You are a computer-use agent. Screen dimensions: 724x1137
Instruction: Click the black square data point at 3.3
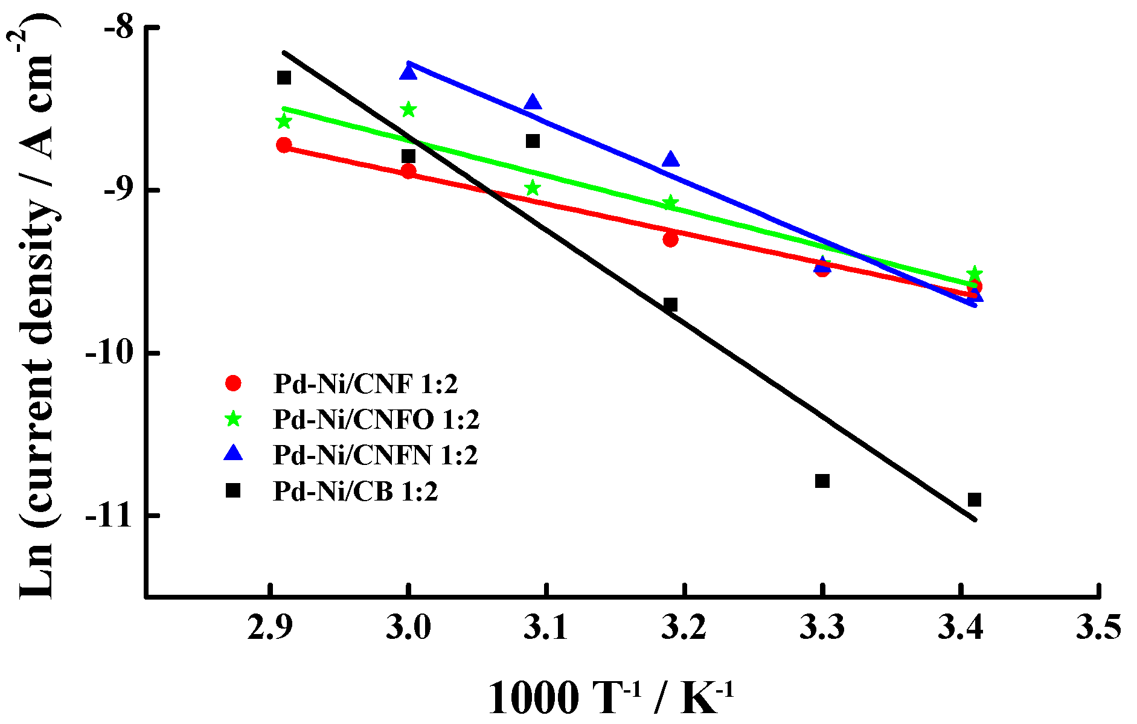822,481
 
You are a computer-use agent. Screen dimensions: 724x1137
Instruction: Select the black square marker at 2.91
284,77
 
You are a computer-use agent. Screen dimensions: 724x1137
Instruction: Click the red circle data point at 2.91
284,145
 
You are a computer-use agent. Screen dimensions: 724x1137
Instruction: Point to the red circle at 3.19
670,239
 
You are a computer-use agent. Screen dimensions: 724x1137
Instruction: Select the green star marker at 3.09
532,188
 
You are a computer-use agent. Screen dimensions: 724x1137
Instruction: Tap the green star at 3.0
408,109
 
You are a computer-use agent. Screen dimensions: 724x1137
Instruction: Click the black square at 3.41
974,499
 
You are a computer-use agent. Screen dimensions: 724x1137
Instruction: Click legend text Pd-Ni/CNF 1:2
365,383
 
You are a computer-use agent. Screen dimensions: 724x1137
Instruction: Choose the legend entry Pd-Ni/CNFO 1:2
376,419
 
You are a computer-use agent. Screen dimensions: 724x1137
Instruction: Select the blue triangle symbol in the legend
232,454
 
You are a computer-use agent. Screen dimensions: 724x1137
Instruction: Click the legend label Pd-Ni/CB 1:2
355,491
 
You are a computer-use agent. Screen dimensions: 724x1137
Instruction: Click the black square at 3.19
670,304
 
